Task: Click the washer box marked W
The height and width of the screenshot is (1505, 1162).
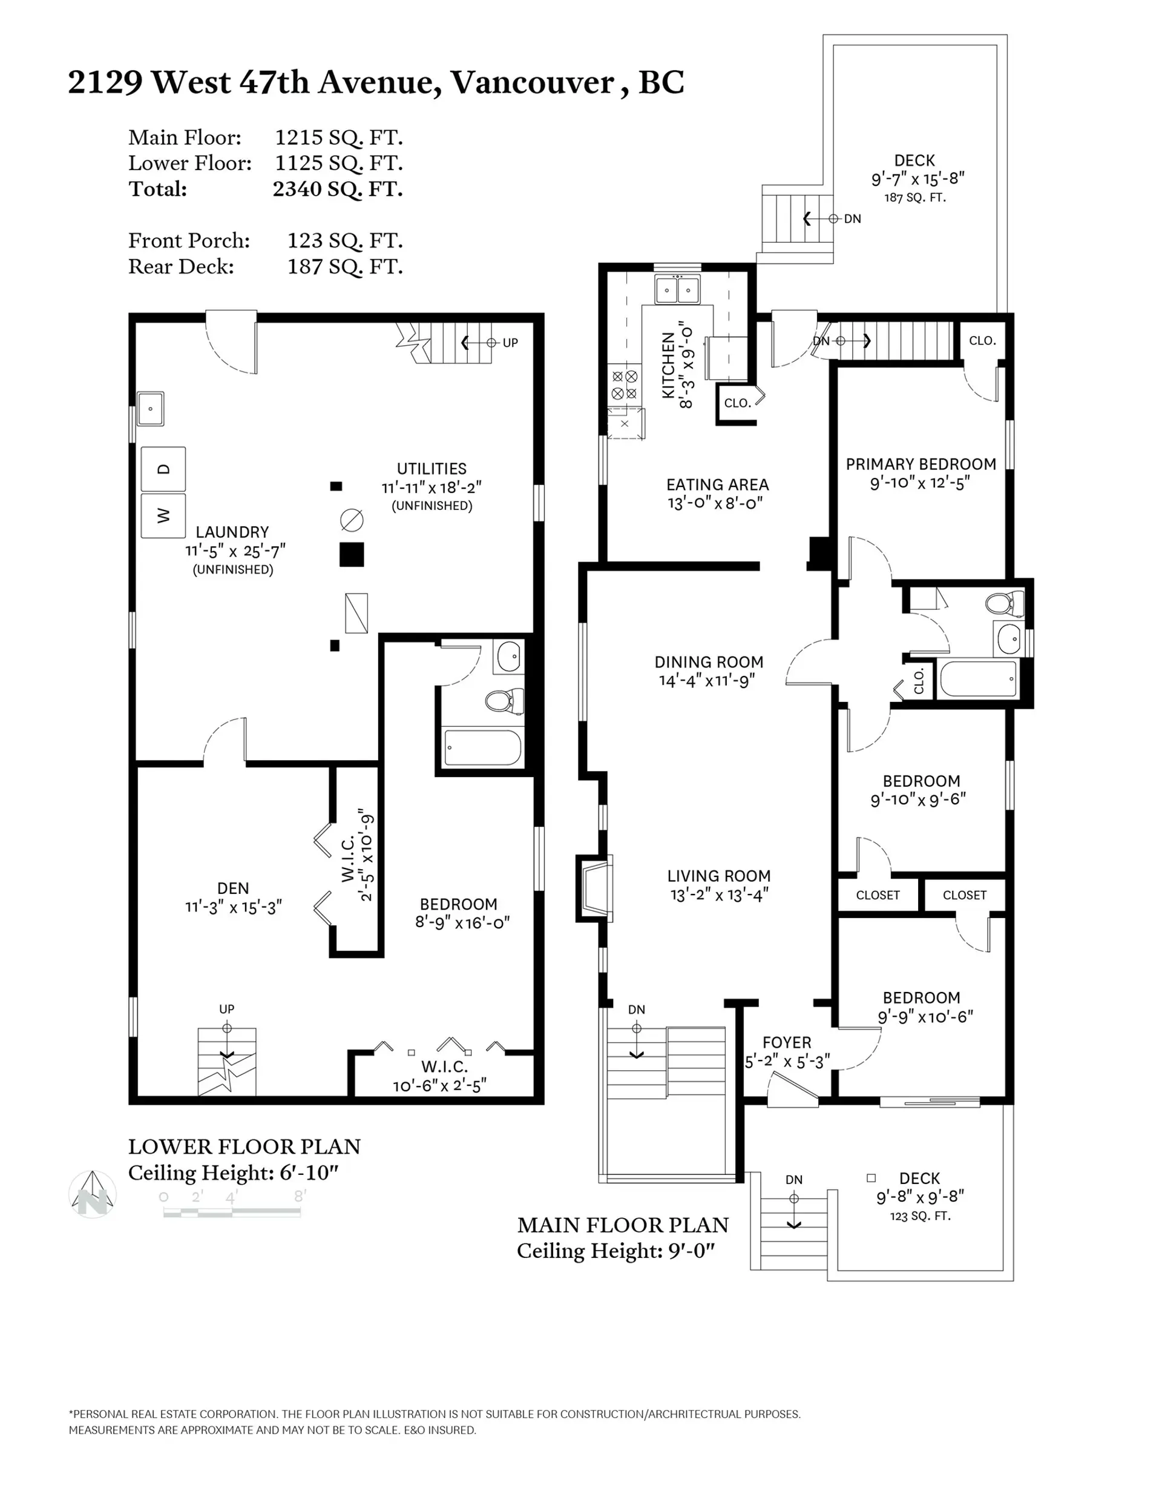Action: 163,515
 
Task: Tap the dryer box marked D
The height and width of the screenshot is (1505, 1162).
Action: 163,469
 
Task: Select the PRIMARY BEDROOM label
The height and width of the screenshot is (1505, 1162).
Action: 921,465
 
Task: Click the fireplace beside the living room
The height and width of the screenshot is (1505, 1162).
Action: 594,888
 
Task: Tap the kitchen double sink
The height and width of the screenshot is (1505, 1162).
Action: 677,289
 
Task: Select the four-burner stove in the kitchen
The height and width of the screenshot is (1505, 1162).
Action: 624,385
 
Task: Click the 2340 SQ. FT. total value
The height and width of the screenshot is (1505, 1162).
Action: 338,189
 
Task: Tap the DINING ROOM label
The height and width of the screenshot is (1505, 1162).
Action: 708,662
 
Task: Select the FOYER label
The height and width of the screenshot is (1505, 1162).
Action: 786,1043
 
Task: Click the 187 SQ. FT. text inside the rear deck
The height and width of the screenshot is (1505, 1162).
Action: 914,198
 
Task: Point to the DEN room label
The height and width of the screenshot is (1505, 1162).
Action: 232,888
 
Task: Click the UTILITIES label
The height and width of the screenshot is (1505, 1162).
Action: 431,469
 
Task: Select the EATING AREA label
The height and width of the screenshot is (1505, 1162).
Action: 717,485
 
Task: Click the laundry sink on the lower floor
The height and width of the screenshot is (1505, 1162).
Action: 150,409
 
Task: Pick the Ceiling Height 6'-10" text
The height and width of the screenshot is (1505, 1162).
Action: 233,1173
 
